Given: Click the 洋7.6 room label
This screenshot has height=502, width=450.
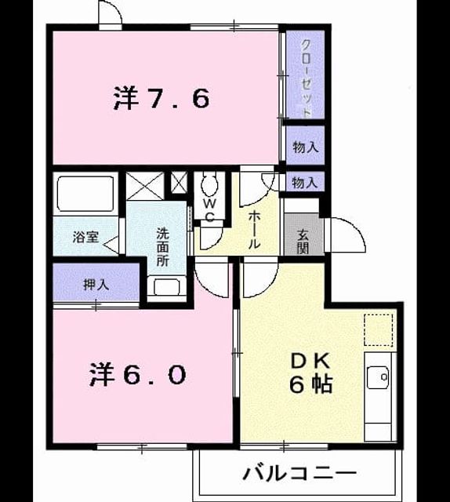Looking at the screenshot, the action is click(x=161, y=98).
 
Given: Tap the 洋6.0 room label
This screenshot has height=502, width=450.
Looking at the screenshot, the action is click(x=137, y=374).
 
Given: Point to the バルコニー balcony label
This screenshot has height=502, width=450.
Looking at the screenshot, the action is click(x=299, y=474).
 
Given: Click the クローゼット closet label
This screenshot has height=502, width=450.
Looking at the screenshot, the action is click(x=307, y=78).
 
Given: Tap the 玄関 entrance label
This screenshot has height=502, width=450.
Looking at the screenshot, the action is click(x=302, y=242).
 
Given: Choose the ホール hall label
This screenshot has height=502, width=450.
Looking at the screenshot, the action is click(x=254, y=230).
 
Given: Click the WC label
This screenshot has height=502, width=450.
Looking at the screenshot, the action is click(x=209, y=209).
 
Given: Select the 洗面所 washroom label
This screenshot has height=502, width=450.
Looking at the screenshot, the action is click(x=162, y=247).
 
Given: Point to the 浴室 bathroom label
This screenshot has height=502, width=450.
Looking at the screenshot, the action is click(x=85, y=237).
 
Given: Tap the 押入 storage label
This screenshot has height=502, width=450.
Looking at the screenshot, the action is click(x=96, y=285).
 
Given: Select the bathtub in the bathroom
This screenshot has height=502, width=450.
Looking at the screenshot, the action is click(x=85, y=194).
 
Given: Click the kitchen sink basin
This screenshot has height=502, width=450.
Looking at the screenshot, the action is click(x=378, y=377).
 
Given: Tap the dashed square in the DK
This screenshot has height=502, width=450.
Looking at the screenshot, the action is click(x=378, y=329).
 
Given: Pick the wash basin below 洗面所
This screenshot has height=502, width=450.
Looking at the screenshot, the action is click(x=166, y=287).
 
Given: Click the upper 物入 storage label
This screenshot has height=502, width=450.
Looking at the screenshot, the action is click(x=305, y=147).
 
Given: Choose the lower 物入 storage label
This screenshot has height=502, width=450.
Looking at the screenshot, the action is click(x=305, y=183).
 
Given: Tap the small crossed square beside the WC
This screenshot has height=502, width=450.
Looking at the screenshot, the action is click(x=179, y=183).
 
